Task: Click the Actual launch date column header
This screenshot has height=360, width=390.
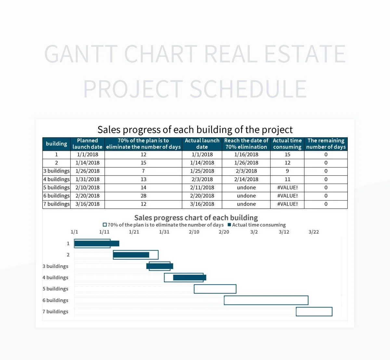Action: [x=202, y=144]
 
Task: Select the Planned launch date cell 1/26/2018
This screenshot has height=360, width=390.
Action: [x=87, y=171]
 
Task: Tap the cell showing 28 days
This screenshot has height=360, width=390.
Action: [x=143, y=196]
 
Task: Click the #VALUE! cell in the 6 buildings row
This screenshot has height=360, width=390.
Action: [x=287, y=196]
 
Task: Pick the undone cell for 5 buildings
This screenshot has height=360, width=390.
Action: [x=246, y=187]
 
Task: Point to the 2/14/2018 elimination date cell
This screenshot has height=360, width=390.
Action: [x=246, y=179]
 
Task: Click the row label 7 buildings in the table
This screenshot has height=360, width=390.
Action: [x=57, y=204]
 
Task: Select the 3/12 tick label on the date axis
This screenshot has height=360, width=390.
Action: [x=284, y=232]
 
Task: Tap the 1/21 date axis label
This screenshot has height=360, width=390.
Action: [x=134, y=232]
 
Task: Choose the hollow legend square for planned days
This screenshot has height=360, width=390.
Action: [x=105, y=225]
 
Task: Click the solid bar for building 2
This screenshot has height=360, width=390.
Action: [x=131, y=255]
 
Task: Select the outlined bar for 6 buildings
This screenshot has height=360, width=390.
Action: [x=266, y=300]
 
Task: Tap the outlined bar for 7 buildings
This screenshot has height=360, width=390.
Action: [x=314, y=312]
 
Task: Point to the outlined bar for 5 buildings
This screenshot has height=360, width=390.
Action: [x=215, y=289]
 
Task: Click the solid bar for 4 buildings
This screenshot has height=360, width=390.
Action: [x=189, y=277]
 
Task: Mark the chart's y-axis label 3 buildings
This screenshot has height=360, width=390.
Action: [x=55, y=266]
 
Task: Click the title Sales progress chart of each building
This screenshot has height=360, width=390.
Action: [x=196, y=218]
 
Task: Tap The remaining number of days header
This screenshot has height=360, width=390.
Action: [x=326, y=144]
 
